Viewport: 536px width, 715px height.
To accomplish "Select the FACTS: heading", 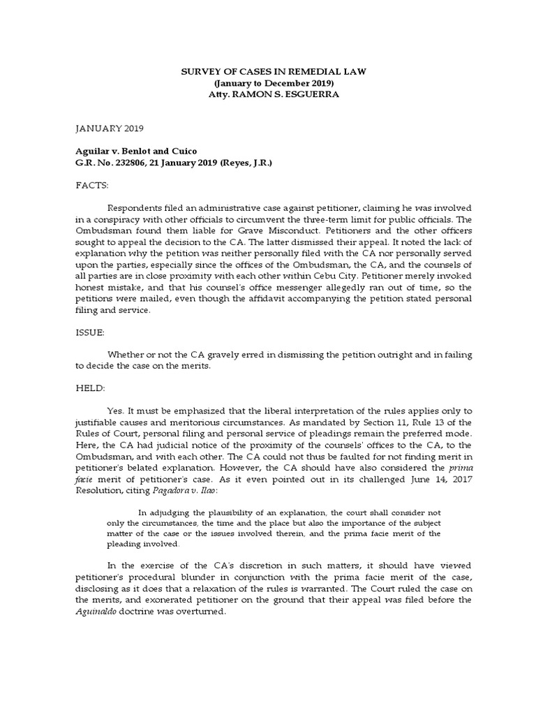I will pos(91,186).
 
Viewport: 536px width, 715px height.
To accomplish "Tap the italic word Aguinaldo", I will pos(98,612).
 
